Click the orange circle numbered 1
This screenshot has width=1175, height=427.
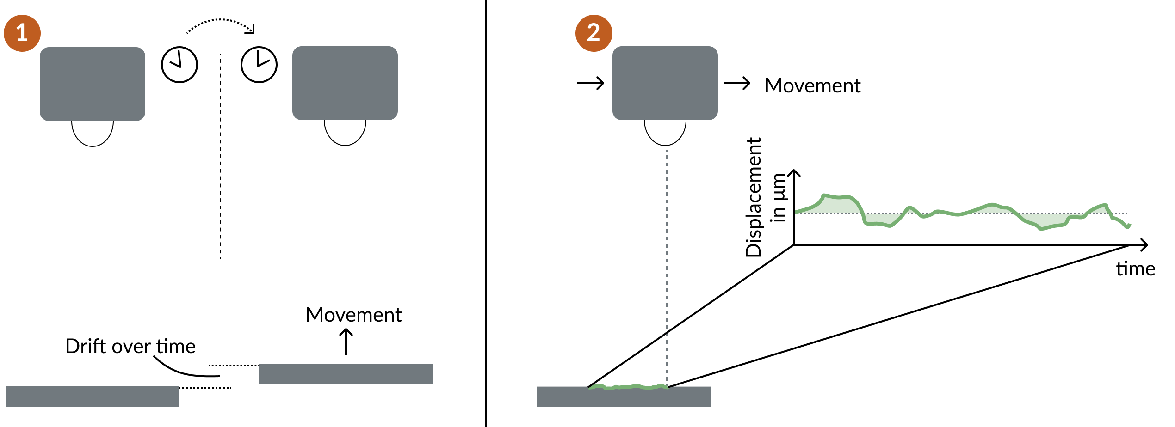(22, 33)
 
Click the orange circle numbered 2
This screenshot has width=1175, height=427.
(594, 33)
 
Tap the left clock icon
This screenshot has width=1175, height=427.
(179, 65)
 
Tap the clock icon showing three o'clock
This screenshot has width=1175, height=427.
(259, 65)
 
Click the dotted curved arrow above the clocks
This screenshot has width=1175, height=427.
(220, 21)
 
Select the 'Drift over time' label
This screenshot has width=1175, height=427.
(130, 346)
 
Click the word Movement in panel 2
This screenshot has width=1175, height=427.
(812, 85)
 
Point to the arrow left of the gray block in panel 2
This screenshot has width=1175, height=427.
(591, 83)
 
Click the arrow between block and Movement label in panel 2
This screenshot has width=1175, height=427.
(736, 83)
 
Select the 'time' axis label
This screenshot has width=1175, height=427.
(1135, 269)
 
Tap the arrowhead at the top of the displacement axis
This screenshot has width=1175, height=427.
(794, 173)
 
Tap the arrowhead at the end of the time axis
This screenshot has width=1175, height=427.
(1144, 245)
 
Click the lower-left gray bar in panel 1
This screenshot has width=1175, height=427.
(93, 396)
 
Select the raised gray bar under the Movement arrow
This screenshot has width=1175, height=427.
(346, 374)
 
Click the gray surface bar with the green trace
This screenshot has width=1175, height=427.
(624, 397)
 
